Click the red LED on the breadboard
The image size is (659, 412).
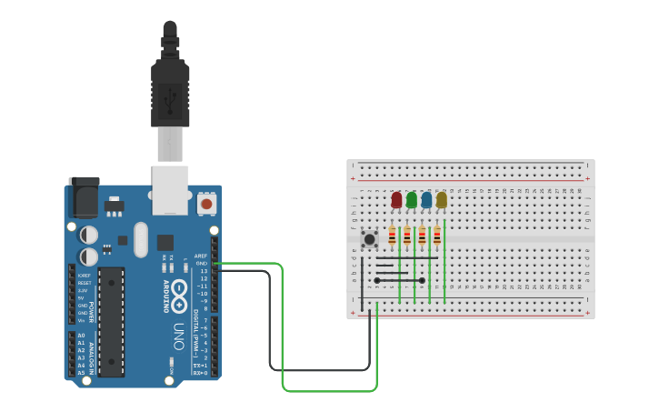[x=396, y=199]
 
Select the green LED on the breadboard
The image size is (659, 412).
[x=412, y=199]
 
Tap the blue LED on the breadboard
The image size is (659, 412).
[x=426, y=199]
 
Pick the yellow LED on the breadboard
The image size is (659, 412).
[x=442, y=199]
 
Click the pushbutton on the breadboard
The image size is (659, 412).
[x=369, y=239]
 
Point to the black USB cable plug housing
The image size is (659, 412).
[x=170, y=91]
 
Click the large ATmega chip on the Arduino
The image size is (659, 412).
[x=111, y=321]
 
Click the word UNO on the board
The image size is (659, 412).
[x=179, y=336]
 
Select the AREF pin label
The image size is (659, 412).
[x=201, y=256]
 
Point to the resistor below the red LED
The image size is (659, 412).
[x=393, y=236]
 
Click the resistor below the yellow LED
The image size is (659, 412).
[x=437, y=236]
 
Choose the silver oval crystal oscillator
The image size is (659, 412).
[x=140, y=240]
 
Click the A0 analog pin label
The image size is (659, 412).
[x=81, y=336]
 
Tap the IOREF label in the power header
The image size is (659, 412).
[x=84, y=276]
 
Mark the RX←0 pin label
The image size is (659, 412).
[x=200, y=373]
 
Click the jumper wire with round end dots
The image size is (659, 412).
[x=400, y=280]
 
